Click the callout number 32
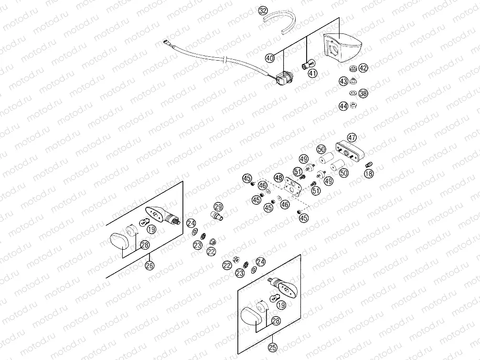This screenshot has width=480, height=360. (x=263, y=10)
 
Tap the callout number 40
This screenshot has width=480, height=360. (x=270, y=58)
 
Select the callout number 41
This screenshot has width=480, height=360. (x=312, y=74)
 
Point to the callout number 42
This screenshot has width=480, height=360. (x=363, y=68)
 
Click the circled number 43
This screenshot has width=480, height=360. (x=343, y=81)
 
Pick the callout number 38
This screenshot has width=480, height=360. (x=363, y=94)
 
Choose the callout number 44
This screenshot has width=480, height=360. (x=343, y=106)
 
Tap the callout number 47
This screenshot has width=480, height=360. (x=352, y=137)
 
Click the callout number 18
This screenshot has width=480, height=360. (x=368, y=175)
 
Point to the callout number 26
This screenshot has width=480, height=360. (x=150, y=266)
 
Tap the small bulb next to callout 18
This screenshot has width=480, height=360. (x=368, y=164)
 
